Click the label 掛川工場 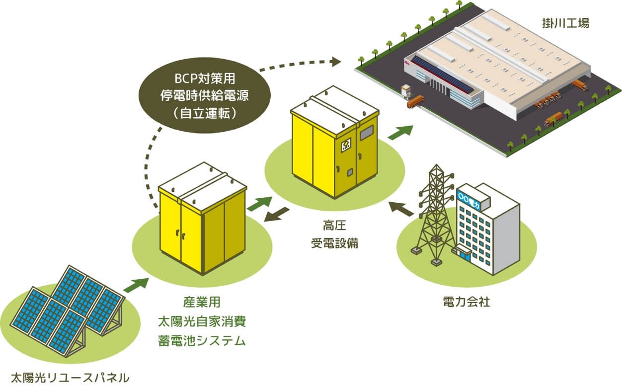click(565, 23)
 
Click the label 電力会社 click(466, 302)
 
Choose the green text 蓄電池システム click(201, 341)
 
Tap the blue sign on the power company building click(467, 198)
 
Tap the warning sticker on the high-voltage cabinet click(346, 145)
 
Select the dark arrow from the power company click(401, 209)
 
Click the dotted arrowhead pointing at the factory click(336, 62)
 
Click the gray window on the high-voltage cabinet click(367, 132)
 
